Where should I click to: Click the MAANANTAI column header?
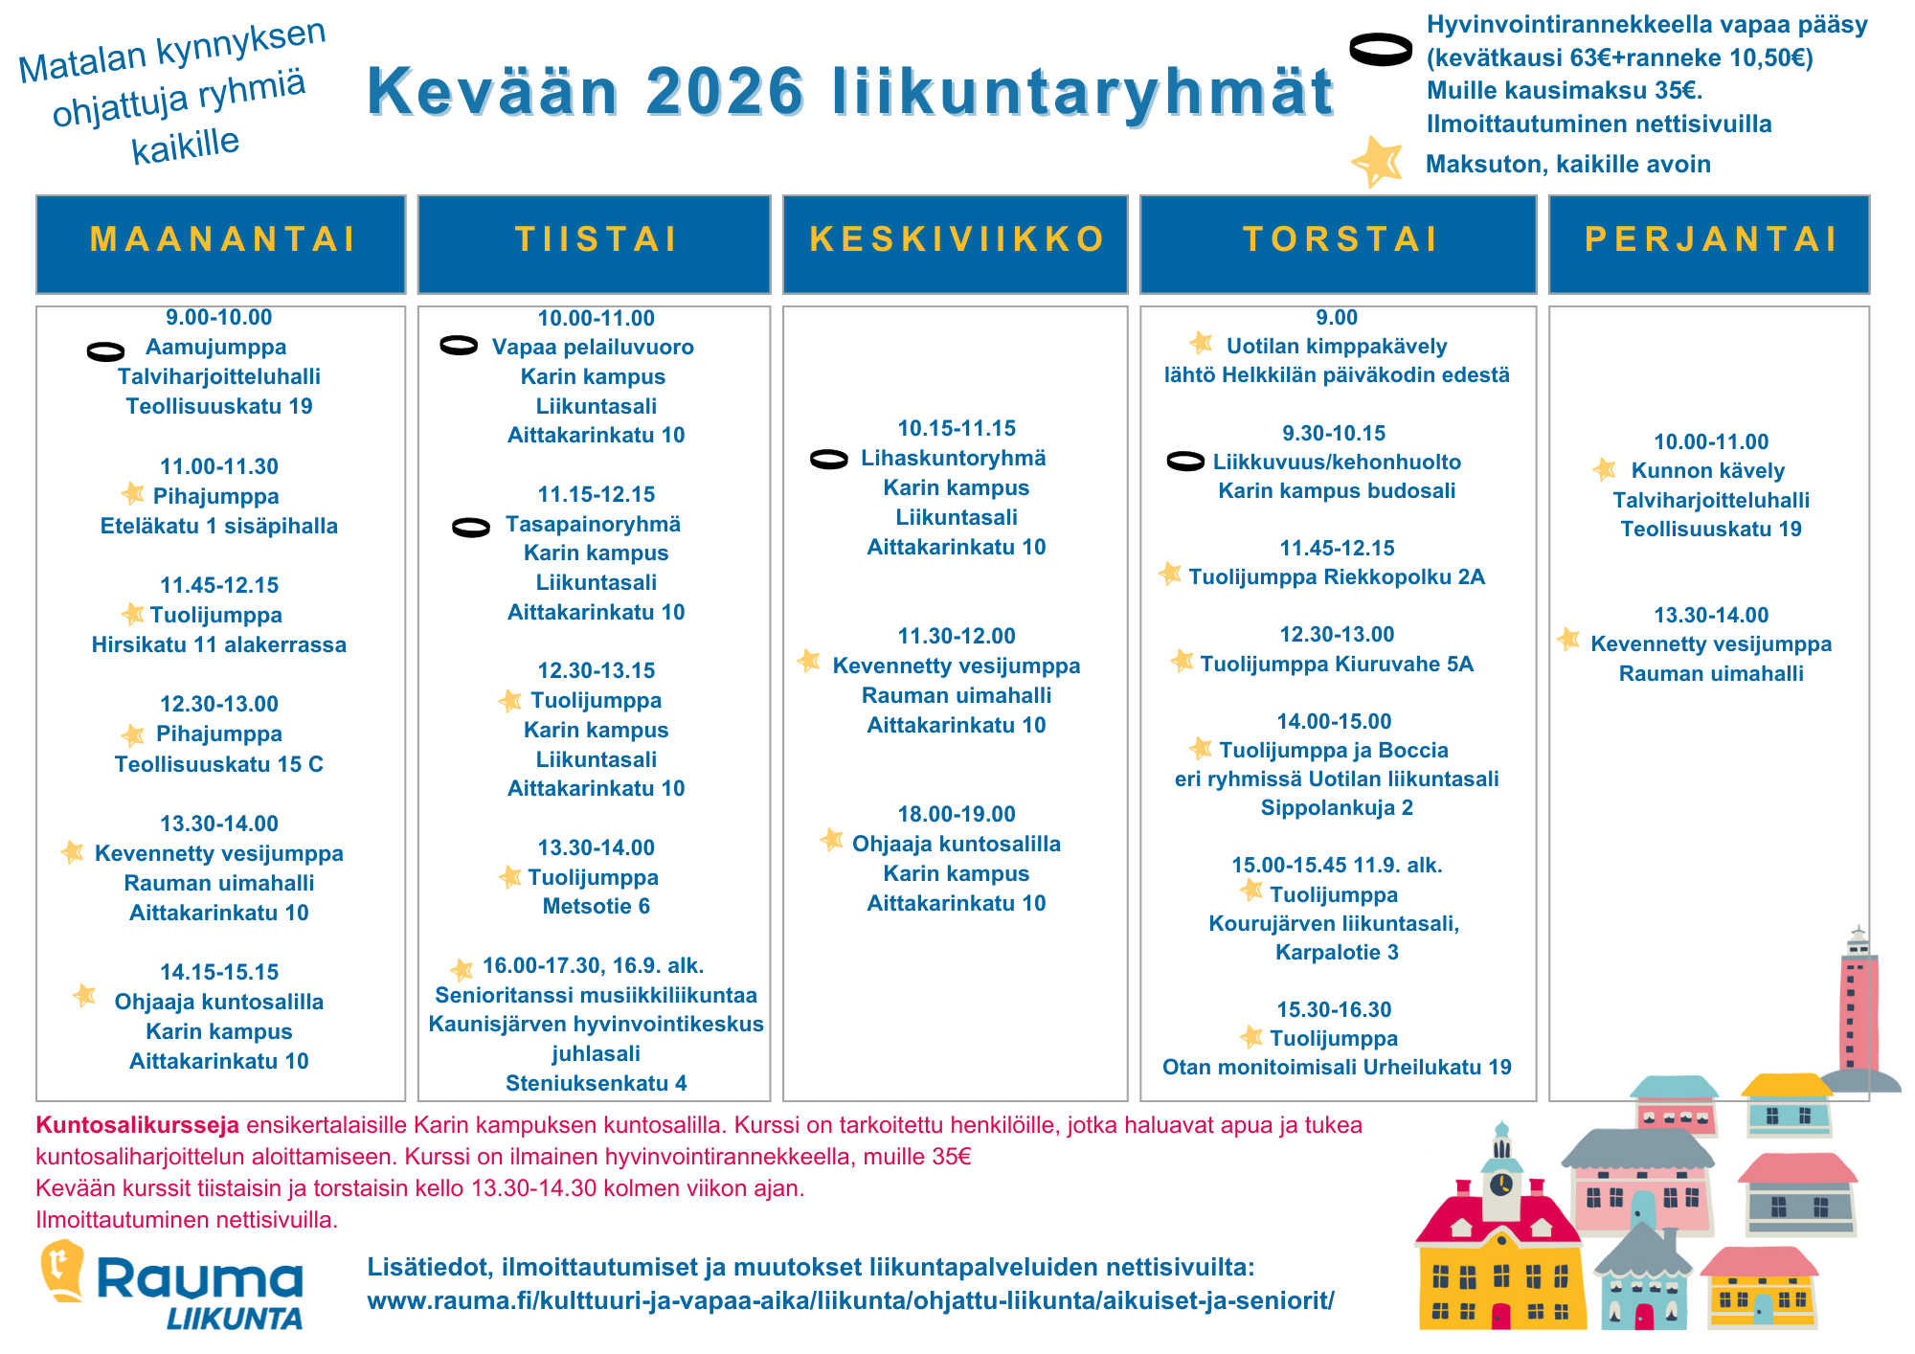(x=221, y=239)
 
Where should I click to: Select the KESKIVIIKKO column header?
(x=956, y=239)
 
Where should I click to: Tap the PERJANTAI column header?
(x=1710, y=239)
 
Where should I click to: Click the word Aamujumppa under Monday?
(x=215, y=347)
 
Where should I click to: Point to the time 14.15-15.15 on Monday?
(x=219, y=972)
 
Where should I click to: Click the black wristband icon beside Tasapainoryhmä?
(x=471, y=527)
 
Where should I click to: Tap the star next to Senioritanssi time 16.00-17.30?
(x=462, y=969)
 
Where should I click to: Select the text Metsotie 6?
(x=596, y=906)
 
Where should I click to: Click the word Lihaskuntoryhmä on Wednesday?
(x=953, y=458)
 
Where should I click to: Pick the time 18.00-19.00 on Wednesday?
(x=956, y=814)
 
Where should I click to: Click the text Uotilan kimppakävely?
(x=1337, y=346)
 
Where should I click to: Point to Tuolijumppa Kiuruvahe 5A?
(x=1337, y=664)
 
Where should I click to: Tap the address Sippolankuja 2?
(x=1337, y=807)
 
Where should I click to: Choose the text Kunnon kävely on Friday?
(x=1708, y=470)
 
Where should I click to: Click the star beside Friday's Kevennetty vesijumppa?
(x=1568, y=639)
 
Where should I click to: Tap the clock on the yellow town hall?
(x=1501, y=1184)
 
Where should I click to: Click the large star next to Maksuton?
(x=1377, y=161)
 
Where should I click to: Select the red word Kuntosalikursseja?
(x=137, y=1125)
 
